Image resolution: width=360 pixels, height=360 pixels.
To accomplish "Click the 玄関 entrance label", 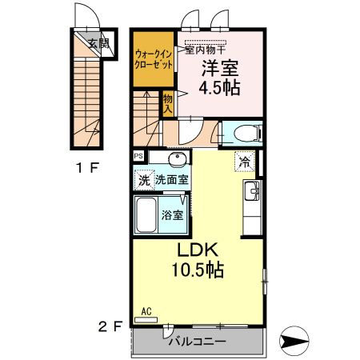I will (98, 43).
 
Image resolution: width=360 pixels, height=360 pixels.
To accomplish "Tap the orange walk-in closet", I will (154, 58).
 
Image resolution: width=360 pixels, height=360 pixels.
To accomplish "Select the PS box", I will (138, 156).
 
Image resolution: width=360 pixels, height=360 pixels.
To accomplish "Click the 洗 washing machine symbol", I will (143, 180).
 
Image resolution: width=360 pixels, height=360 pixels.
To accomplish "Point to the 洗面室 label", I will (171, 180).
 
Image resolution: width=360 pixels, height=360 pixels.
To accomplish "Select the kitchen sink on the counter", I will (252, 191).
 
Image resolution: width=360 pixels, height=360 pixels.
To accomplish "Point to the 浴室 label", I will (173, 214).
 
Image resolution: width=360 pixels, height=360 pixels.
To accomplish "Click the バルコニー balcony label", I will (197, 342).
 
